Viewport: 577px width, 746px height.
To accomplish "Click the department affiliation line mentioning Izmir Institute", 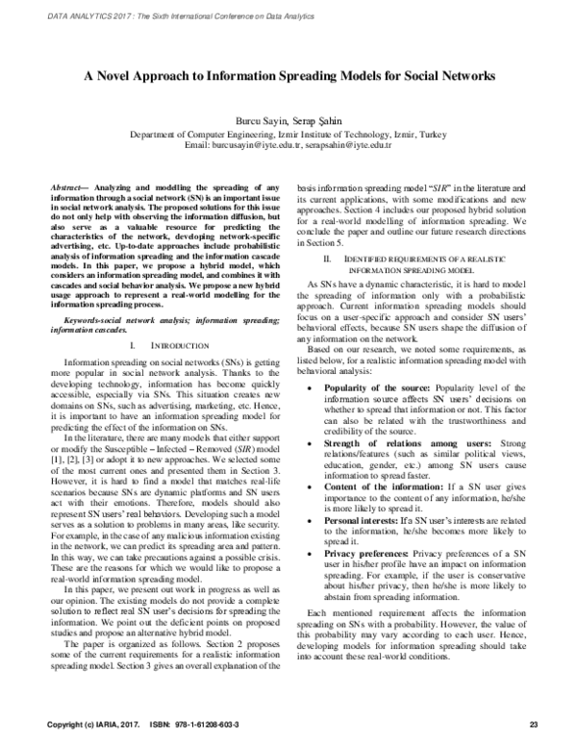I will point(288,134).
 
